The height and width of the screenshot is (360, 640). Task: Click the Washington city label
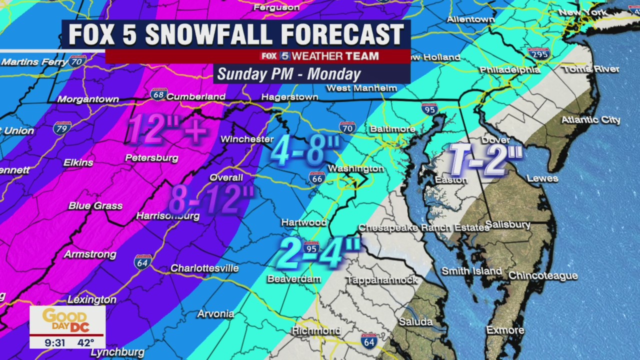click(355, 169)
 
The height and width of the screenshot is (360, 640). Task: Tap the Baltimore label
click(392, 129)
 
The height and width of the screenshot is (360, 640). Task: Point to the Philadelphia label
click(510, 70)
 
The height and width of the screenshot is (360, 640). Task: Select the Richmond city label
click(316, 331)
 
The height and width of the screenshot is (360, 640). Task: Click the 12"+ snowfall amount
click(167, 128)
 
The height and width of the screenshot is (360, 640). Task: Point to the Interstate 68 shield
click(158, 94)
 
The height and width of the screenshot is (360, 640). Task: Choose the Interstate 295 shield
click(538, 53)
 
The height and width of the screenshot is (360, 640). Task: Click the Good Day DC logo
click(67, 320)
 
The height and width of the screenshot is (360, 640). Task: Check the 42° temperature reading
click(86, 342)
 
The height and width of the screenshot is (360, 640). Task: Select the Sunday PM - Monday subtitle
click(289, 74)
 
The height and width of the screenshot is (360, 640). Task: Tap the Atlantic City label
click(590, 120)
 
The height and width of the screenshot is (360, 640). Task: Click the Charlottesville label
click(204, 268)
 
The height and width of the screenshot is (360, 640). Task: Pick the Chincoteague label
click(543, 276)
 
